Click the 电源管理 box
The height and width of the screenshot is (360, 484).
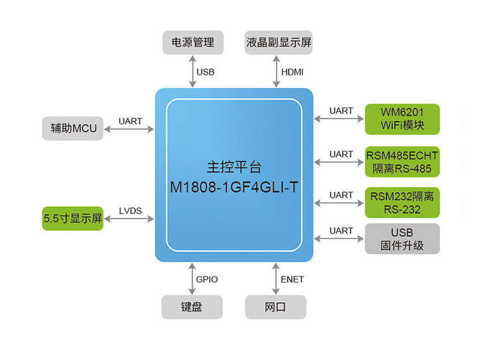[192, 42]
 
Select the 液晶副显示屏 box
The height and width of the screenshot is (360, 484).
[278, 42]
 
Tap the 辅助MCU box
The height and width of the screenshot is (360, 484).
[73, 128]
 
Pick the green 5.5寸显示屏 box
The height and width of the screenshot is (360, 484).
[73, 218]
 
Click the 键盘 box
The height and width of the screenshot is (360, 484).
[192, 307]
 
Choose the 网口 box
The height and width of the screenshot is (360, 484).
[276, 307]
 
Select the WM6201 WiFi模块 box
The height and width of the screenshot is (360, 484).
[402, 119]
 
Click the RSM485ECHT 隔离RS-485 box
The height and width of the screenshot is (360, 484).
[402, 162]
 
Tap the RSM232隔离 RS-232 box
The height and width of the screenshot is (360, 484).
[402, 203]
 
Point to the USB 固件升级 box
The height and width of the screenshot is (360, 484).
[402, 238]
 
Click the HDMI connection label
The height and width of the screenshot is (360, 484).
[293, 72]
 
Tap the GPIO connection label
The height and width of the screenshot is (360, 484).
[207, 279]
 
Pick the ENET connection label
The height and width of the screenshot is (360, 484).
[292, 279]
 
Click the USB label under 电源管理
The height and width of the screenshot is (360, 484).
[205, 72]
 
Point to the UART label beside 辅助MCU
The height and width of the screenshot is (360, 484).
[130, 122]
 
